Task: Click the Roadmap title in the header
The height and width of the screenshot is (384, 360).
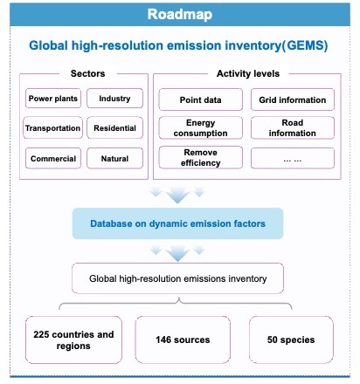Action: [180, 15]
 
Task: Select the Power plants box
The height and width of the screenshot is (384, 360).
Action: [53, 99]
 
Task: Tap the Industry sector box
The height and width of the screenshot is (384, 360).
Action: [114, 99]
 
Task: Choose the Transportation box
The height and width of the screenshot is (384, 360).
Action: [52, 127]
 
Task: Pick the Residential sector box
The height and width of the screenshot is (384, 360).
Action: [114, 127]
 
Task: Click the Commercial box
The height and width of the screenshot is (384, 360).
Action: [53, 158]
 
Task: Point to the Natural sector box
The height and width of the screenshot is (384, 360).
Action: [114, 158]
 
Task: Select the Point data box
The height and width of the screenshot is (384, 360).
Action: [200, 99]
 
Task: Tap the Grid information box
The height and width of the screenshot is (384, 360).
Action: [293, 99]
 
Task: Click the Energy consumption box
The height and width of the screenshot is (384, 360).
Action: [200, 127]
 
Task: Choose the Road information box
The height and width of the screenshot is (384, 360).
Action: [293, 127]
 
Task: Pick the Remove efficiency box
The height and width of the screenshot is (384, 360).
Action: [200, 158]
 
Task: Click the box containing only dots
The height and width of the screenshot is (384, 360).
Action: [293, 158]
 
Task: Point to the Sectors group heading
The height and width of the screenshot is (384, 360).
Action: [87, 73]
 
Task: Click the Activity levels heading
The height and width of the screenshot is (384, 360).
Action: [248, 73]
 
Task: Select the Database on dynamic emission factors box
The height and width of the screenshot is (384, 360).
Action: [177, 223]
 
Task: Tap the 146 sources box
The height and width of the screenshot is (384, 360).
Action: [183, 339]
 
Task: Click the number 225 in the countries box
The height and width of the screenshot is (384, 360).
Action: [41, 334]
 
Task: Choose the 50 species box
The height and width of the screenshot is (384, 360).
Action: [291, 339]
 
